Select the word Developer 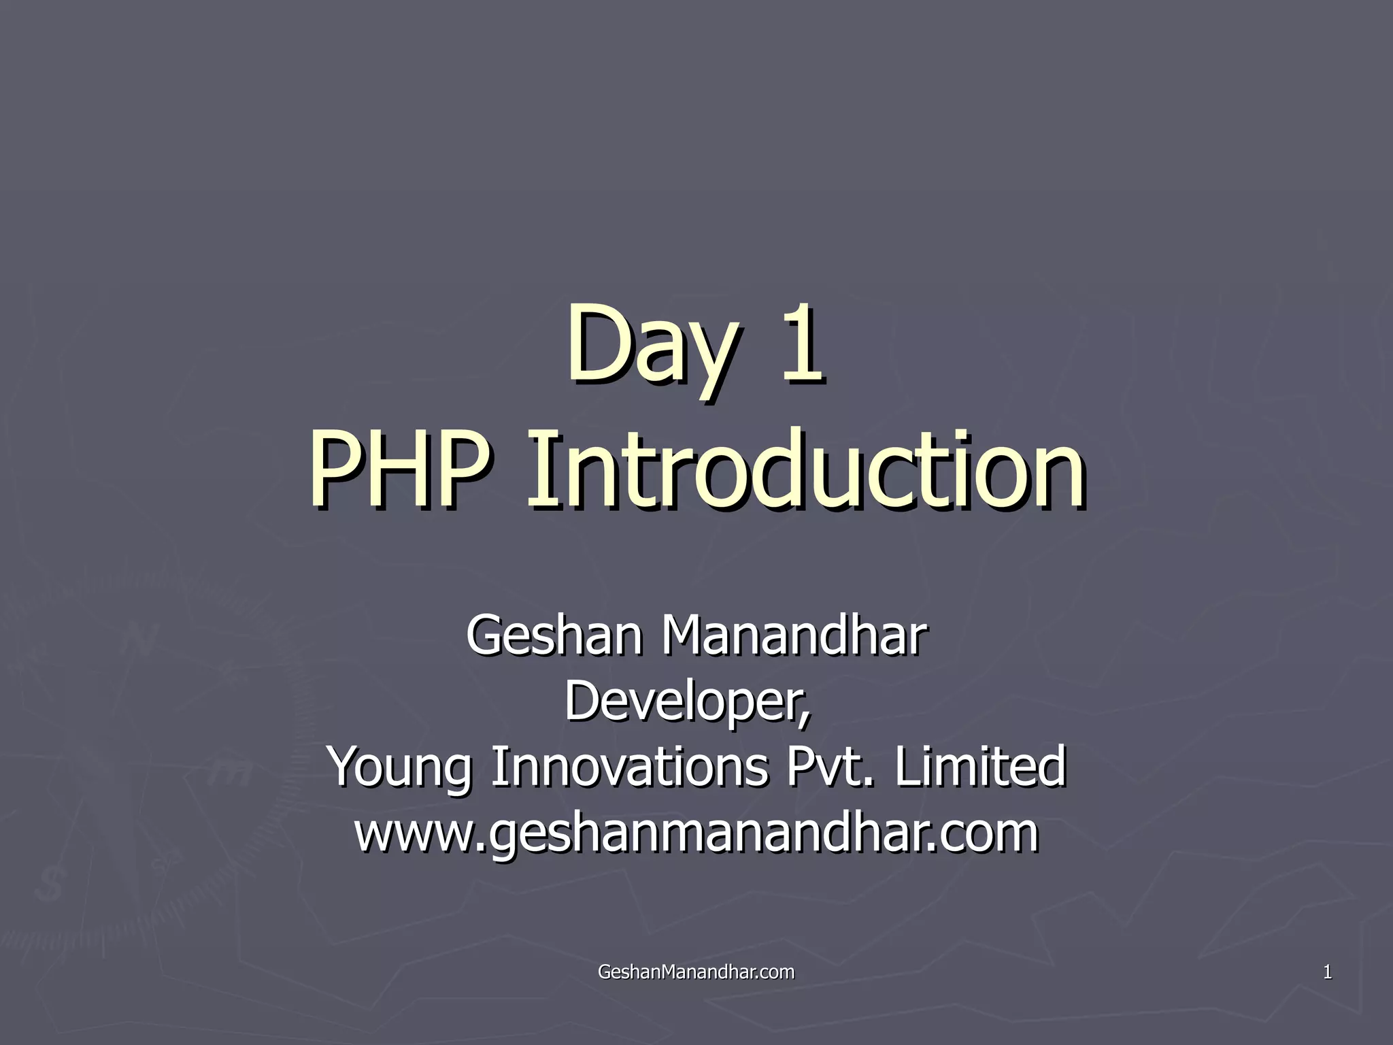pos(684,701)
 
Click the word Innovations pos(630,766)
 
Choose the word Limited pos(980,766)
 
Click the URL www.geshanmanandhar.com pos(696,834)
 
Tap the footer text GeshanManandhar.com pos(696,972)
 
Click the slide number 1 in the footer pos(1326,972)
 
